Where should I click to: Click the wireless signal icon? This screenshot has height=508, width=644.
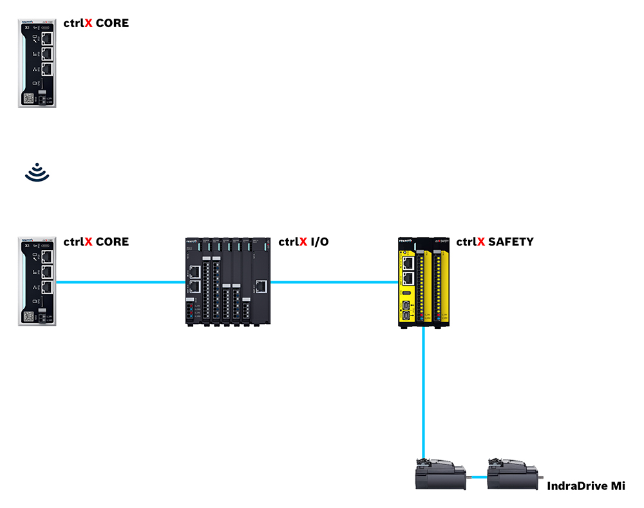pos(37,171)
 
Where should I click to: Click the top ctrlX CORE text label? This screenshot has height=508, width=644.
pos(96,23)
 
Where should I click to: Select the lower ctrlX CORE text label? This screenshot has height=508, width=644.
pos(96,242)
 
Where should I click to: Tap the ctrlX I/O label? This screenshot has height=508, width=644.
pos(303,242)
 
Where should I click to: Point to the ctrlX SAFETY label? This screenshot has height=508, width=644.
pos(495,242)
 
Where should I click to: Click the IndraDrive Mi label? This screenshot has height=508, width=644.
pos(585,486)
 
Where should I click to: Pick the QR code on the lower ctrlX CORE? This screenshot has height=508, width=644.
pos(28,317)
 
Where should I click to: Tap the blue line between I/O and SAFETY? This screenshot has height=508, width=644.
pos(335,281)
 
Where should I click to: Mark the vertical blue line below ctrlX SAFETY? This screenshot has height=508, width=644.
pos(423,393)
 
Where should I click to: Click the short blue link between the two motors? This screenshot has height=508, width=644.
pos(477,477)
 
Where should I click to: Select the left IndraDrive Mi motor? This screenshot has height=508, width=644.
pos(440,476)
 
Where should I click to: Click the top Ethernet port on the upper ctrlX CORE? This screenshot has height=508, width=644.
pos(47,38)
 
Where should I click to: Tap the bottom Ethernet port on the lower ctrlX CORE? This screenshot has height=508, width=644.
pos(47,288)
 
